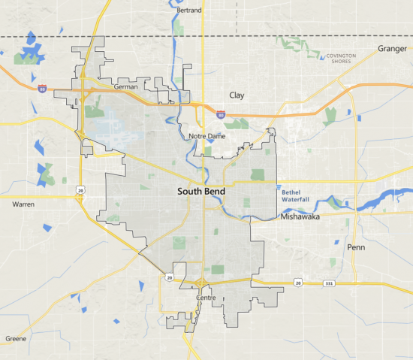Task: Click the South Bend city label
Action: click(200, 192)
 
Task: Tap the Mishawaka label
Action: click(300, 216)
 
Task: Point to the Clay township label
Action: click(237, 95)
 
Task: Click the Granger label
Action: click(390, 49)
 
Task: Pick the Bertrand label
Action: click(188, 11)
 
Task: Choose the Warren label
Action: click(24, 204)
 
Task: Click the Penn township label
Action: click(355, 247)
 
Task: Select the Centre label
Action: click(205, 298)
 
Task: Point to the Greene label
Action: click(16, 339)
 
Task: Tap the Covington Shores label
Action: click(342, 59)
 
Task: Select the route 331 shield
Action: click(318, 283)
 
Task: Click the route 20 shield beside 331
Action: click(298, 283)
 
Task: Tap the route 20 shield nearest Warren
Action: click(79, 190)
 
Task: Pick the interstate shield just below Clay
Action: click(220, 114)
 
